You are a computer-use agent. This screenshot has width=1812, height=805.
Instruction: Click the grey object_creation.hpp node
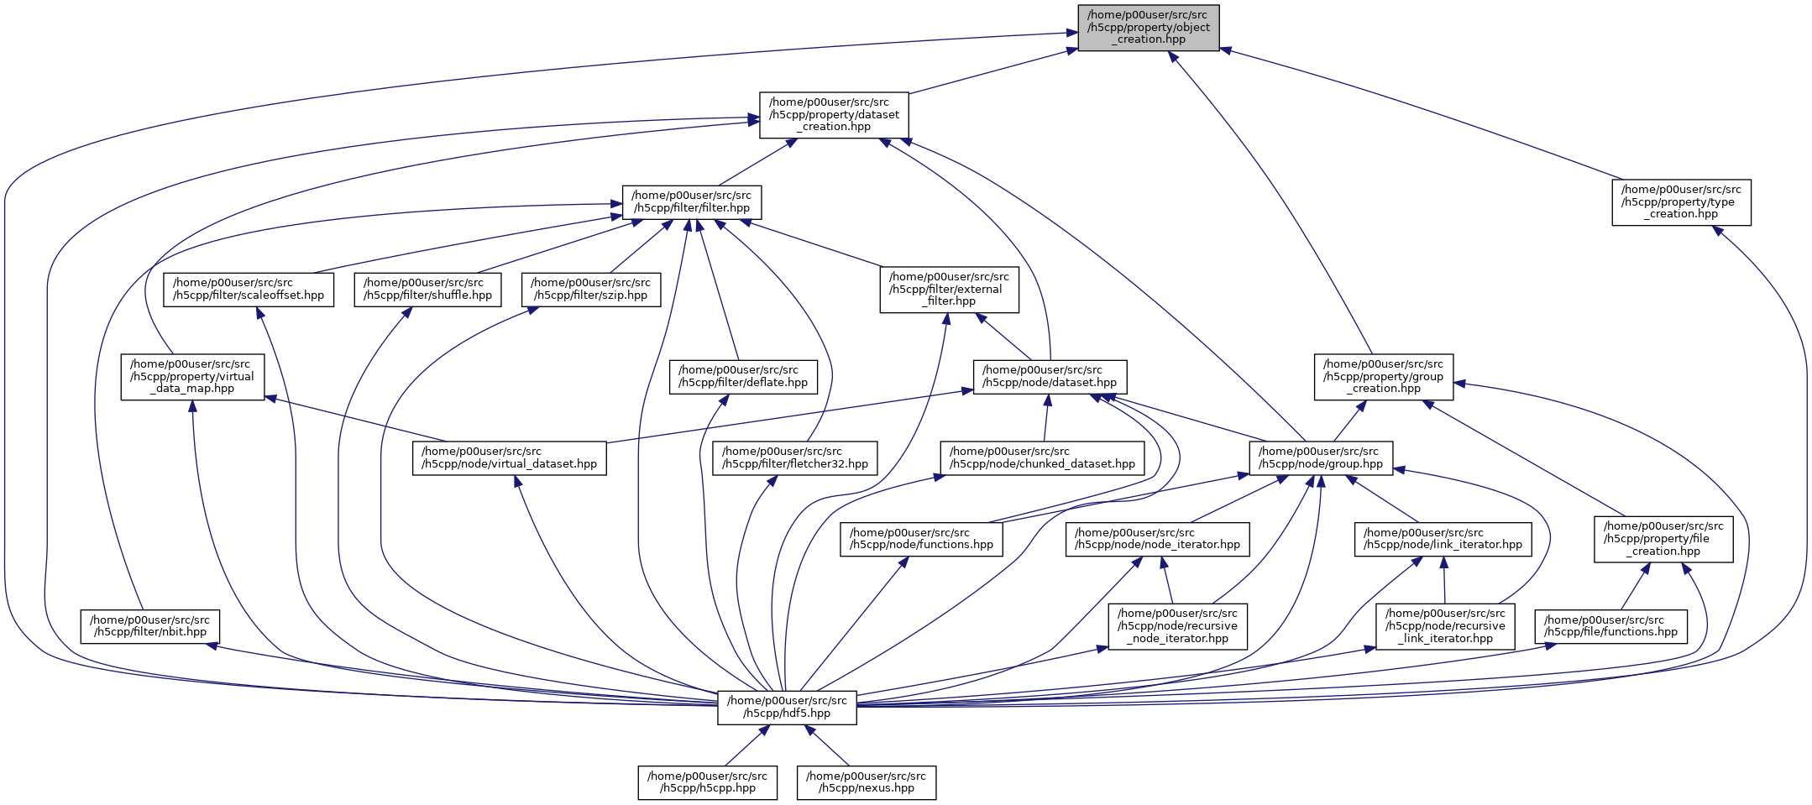1148,28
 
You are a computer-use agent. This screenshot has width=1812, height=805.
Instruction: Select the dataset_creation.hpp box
834,115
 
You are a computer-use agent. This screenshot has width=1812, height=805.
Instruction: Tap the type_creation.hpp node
1681,202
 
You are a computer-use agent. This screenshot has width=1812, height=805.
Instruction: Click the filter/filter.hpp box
692,202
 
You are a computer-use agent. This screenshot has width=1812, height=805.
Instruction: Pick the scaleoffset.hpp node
249,290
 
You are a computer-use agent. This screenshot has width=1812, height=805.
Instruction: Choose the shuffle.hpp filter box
428,290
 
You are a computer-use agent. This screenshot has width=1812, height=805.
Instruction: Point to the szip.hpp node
590,290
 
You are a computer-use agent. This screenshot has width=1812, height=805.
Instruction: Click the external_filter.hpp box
949,290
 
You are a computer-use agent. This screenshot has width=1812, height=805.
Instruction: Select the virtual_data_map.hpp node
192,377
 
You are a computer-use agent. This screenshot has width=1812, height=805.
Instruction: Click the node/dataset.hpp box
1050,377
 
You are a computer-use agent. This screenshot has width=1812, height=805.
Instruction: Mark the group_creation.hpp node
1383,377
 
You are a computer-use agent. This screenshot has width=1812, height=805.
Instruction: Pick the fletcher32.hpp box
795,458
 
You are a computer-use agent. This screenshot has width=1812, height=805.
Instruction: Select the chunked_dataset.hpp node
1042,458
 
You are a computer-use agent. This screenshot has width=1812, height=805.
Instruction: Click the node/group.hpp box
1321,458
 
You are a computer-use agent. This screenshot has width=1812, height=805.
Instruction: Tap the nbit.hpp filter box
150,626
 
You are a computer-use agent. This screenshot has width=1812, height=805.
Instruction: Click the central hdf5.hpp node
787,708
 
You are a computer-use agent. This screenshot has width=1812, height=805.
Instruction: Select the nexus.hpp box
867,782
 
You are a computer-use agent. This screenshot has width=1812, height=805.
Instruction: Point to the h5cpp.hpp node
707,782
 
